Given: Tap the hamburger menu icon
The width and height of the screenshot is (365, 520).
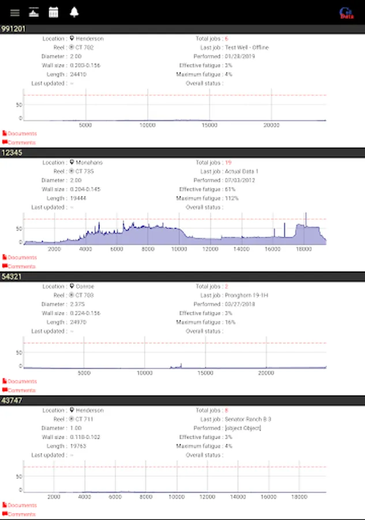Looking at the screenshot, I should [x=15, y=13].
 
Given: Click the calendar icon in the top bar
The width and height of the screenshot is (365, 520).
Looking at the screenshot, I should [x=54, y=13].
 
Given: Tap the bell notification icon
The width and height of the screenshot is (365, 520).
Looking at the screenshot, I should [x=74, y=13].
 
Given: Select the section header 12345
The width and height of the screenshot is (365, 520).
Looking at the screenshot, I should [x=12, y=153].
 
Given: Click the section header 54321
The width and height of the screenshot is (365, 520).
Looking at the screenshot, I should [x=12, y=276].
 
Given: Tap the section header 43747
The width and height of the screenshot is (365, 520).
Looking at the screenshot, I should [x=12, y=400].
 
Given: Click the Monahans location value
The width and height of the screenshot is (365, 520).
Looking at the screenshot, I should [x=89, y=163].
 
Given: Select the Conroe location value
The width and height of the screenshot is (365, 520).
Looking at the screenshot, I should [x=85, y=287].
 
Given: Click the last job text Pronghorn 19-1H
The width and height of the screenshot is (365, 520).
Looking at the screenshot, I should [x=247, y=295].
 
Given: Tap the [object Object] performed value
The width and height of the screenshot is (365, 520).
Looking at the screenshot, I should [x=243, y=428].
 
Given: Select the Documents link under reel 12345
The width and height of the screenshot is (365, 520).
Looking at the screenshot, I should [x=21, y=258].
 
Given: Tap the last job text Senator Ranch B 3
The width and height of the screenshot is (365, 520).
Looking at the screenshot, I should [x=248, y=419].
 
